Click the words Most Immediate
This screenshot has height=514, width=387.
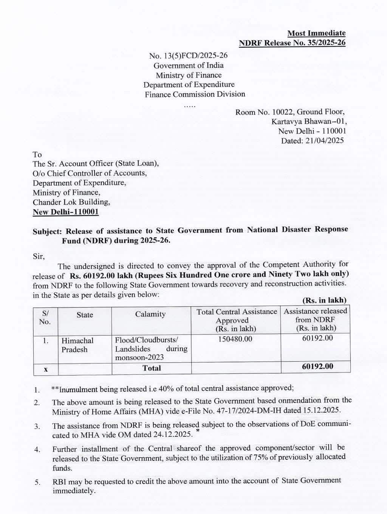[316, 33]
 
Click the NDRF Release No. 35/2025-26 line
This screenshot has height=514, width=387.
[292, 43]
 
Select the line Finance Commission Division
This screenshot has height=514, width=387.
[195, 94]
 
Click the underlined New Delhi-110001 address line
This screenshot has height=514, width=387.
[66, 212]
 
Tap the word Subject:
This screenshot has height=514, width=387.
[47, 231]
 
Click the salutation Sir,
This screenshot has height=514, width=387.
[39, 256]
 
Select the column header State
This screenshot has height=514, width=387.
[85, 315]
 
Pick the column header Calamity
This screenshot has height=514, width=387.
[150, 314]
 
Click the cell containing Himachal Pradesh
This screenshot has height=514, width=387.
[77, 345]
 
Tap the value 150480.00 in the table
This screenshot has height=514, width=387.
[235, 339]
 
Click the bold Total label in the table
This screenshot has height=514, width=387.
[152, 368]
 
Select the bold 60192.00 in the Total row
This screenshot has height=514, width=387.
[317, 366]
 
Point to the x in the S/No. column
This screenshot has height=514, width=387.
[45, 369]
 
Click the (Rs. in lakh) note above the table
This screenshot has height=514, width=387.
[324, 300]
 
